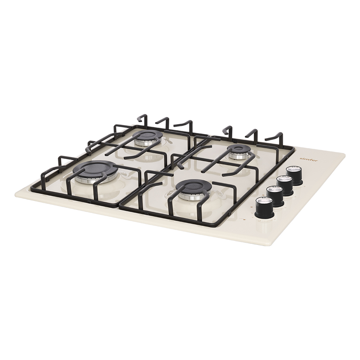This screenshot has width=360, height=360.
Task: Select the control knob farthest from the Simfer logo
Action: (265, 208)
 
